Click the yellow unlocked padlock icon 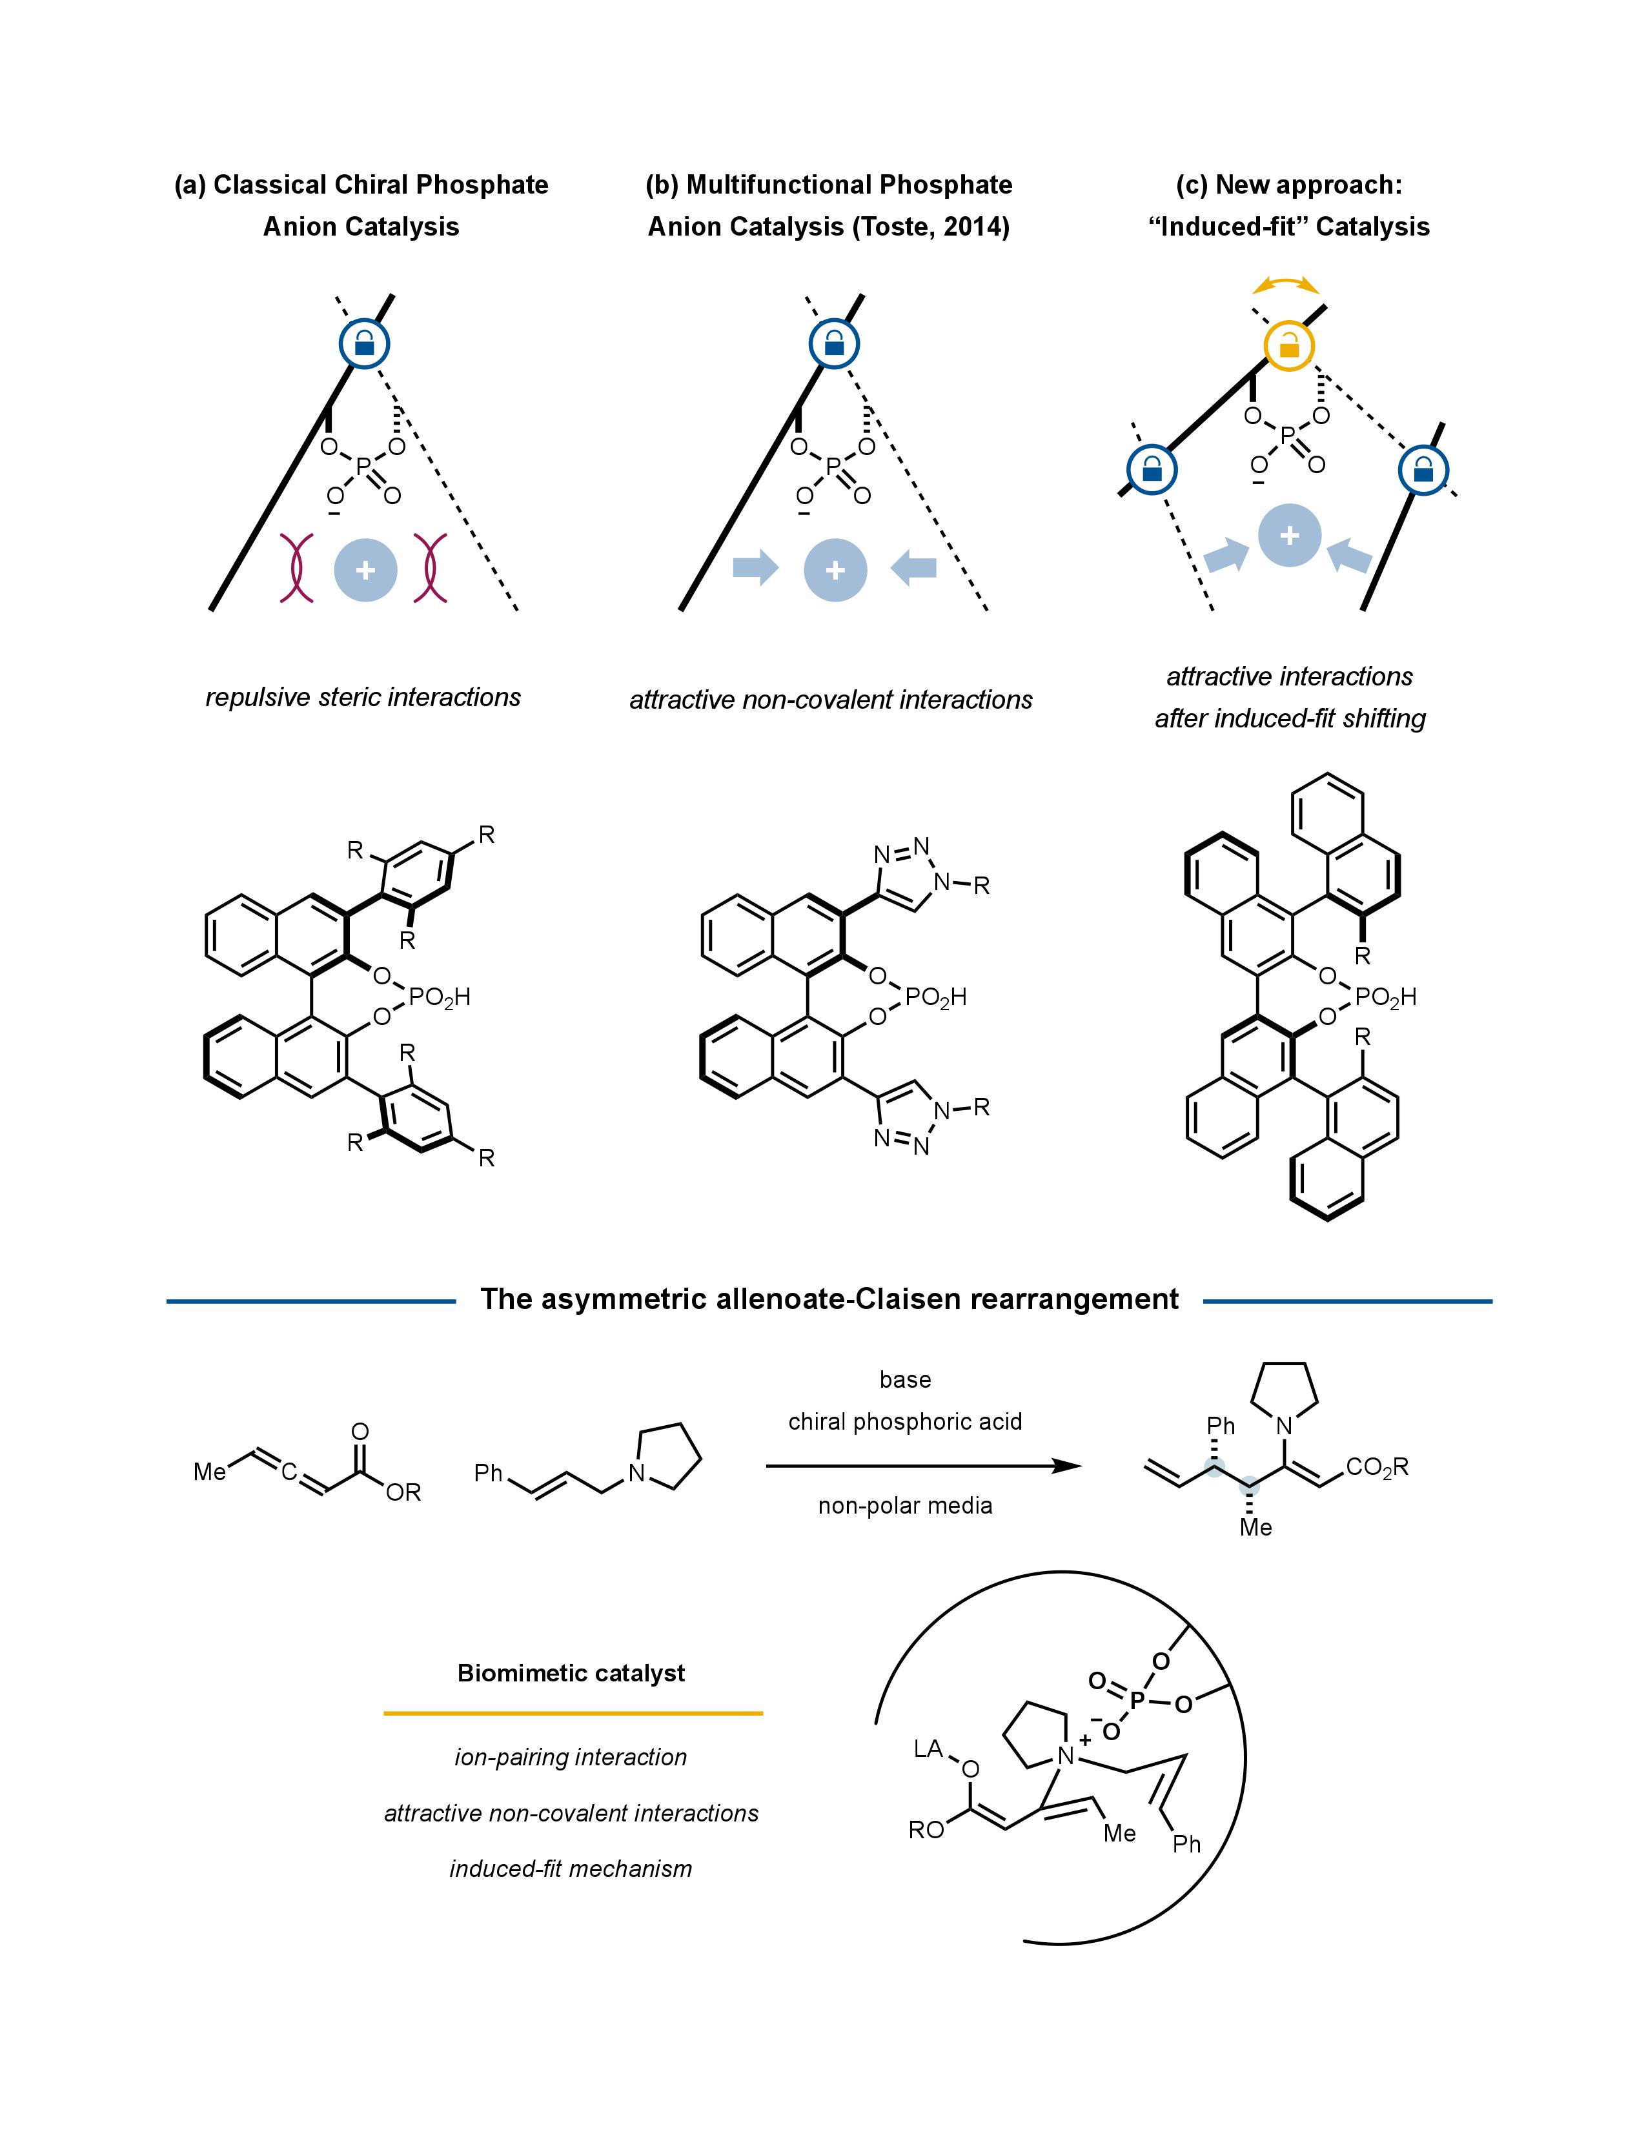coord(1289,345)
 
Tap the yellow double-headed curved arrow coord(1285,284)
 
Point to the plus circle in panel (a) coord(365,571)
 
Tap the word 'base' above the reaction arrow coord(905,1380)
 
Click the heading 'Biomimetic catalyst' coord(571,1674)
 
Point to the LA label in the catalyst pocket coord(928,1750)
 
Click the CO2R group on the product coord(1377,1468)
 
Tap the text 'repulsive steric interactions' coord(363,697)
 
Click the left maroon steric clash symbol coord(296,567)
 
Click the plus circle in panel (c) coord(1289,536)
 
